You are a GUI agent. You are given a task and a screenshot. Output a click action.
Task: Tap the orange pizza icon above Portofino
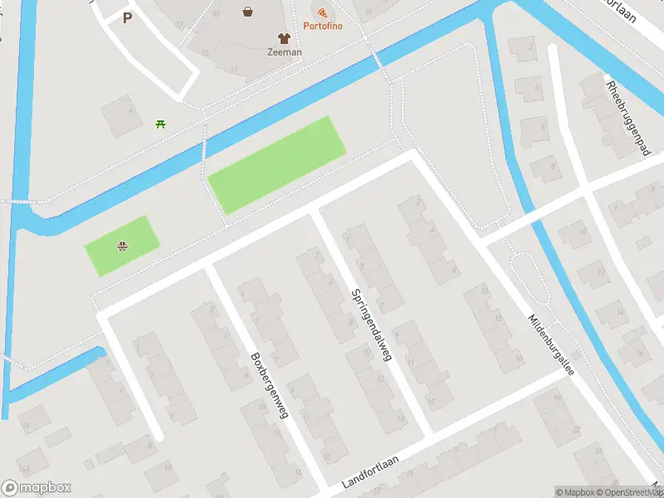320,11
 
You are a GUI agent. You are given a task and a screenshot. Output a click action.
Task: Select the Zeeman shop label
284,51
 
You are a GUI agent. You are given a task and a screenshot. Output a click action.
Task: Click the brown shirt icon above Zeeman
284,37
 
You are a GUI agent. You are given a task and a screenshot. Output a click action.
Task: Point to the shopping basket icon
248,12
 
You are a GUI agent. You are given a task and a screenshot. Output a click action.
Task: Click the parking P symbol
127,17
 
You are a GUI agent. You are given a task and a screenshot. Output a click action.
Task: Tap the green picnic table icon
160,124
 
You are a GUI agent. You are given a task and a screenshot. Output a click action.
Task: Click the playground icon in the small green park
123,246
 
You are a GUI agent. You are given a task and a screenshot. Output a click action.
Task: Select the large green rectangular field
276,164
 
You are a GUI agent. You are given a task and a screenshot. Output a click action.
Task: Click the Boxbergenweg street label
269,385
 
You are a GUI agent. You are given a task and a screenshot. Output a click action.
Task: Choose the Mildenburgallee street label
551,344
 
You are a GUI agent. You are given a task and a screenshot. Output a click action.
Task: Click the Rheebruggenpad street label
627,119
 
